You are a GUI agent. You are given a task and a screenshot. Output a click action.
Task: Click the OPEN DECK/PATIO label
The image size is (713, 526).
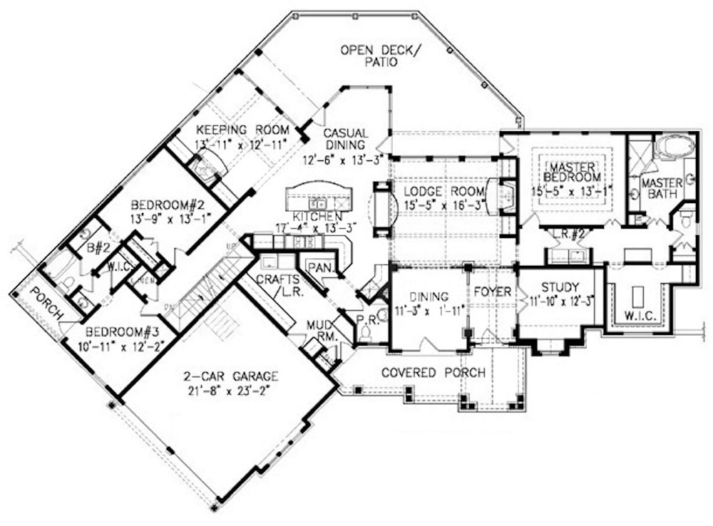point(380,56)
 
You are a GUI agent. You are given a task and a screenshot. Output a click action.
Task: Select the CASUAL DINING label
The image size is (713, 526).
point(345,140)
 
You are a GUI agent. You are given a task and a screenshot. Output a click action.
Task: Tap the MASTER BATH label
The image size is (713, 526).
point(662,189)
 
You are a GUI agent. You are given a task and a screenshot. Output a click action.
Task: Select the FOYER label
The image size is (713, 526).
point(493,292)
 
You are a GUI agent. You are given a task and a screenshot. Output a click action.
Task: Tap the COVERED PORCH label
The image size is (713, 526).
point(434,373)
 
